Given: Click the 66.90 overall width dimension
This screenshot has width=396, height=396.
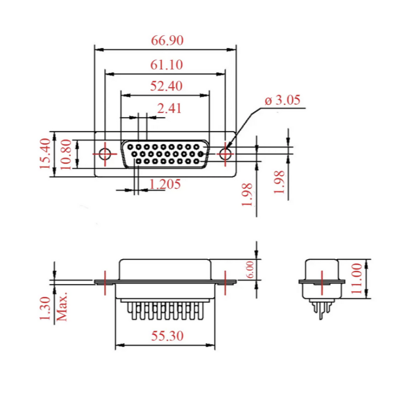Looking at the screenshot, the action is [167, 41].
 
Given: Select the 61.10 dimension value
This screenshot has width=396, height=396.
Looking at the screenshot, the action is [166, 65].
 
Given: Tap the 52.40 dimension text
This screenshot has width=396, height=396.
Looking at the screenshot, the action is [166, 86].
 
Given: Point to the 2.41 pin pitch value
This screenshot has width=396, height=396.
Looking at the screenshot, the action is [169, 108].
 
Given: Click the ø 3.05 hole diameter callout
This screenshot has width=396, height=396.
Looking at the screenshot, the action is [283, 100].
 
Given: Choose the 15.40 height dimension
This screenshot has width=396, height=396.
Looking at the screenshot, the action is [45, 153].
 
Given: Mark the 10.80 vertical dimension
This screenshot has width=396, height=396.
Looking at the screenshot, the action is [66, 154].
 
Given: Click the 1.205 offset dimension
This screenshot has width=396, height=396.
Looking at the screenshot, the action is [165, 184].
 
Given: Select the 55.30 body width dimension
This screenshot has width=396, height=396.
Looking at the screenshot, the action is [167, 336].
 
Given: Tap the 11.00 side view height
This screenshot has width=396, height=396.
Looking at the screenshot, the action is [356, 278].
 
